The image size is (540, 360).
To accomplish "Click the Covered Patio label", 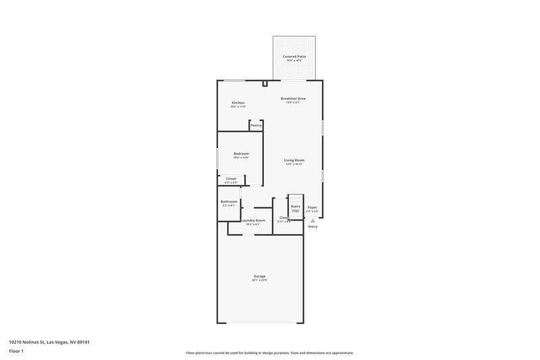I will pos(294,56).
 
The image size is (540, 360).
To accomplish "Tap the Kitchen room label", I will pos(238,103).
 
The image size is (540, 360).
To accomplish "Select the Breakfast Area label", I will pos(294,99).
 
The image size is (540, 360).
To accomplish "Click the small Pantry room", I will pos(256,126).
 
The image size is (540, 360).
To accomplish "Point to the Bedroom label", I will pos(241,153).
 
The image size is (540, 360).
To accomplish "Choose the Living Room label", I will pos(294,160).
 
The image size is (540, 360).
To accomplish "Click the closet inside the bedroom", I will pos(231,179).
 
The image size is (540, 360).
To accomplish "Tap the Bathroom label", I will pos(229,201).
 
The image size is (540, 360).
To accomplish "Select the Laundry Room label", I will pos(252,220).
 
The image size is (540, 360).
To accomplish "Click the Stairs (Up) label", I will pos(296,208).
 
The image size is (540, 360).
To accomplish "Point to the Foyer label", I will pos(312,207).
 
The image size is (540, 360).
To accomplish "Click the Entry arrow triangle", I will pos(313,220).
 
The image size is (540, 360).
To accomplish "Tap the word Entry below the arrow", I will pos(313,226).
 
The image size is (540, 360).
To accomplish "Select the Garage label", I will pos(259,276).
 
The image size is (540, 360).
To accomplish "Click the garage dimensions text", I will pos(259,280).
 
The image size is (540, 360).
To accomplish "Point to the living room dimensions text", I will pos(294,164).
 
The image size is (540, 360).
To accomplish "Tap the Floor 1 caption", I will pos(16,352).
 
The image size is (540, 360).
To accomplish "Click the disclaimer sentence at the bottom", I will pos(269,353).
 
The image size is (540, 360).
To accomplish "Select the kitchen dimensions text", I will pos(238,107).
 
